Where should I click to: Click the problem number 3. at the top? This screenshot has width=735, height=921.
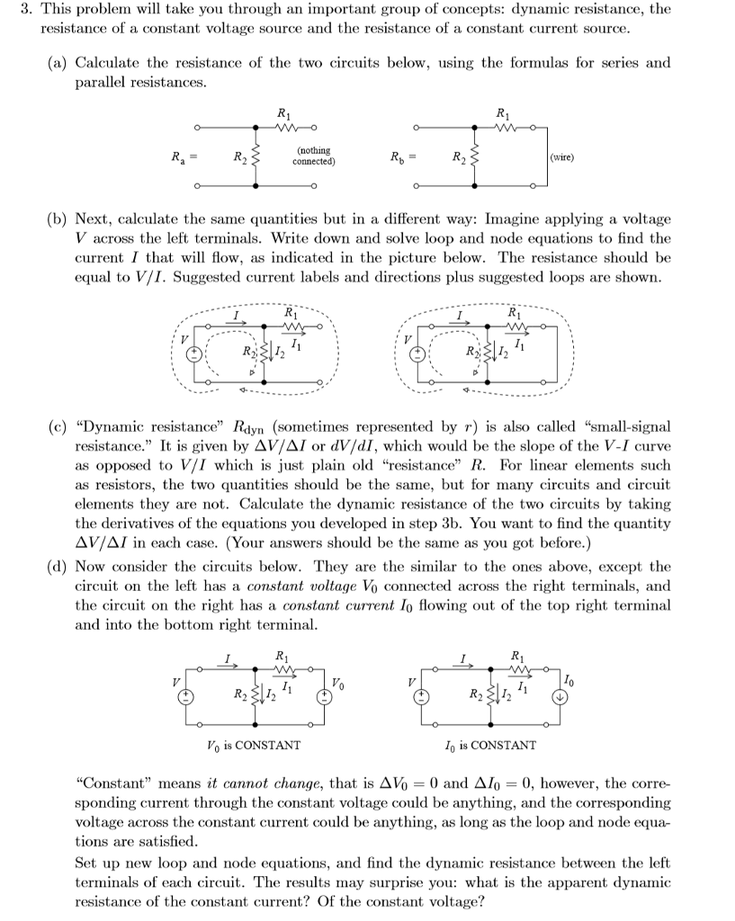point(25,9)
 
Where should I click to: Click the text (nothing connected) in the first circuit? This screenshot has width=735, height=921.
point(312,156)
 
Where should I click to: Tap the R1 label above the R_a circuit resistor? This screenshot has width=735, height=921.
point(284,114)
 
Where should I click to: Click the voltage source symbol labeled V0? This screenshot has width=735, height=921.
point(325,695)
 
